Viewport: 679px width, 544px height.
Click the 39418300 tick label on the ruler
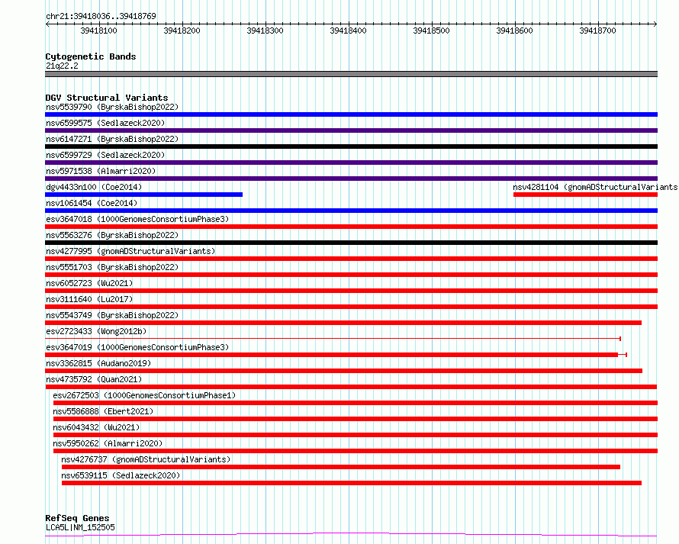[265, 31]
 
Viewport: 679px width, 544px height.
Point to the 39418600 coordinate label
[514, 31]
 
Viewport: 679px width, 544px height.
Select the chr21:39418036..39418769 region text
[101, 17]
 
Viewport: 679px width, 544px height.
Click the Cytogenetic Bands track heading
[91, 56]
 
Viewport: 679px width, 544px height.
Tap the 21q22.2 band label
[62, 66]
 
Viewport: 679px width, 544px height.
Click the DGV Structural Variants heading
[107, 98]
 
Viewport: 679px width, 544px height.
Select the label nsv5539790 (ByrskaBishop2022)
[112, 107]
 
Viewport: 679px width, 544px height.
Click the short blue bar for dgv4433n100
[143, 195]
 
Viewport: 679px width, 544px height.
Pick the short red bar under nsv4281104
[585, 195]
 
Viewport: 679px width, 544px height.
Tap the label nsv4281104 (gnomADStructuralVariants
[595, 187]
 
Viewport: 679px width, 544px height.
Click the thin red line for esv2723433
[333, 338]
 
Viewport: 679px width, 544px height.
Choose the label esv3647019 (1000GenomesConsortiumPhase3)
[137, 347]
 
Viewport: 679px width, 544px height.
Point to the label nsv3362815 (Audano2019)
[98, 363]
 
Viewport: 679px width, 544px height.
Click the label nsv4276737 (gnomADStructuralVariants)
[146, 459]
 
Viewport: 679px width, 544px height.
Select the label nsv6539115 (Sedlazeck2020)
[121, 475]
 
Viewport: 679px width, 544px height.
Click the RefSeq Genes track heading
[77, 518]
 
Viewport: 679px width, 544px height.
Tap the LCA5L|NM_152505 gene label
[80, 527]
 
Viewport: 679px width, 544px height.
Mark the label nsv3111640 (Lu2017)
[89, 299]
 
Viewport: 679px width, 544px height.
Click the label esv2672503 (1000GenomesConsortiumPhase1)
[144, 395]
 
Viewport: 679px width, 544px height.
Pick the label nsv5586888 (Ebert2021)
[103, 411]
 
